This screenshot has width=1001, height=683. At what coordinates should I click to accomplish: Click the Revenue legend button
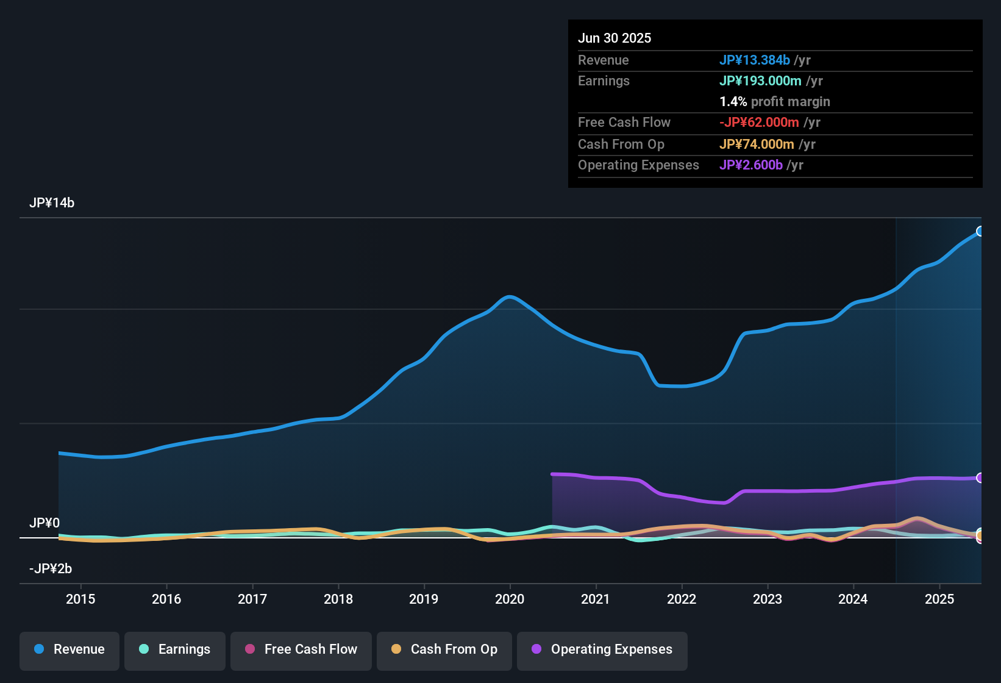pos(69,649)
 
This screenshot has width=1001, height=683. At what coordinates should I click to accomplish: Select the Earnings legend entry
pos(175,649)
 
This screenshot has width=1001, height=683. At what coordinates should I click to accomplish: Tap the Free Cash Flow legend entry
pos(301,649)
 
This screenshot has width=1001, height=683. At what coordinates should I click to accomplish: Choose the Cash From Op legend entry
pos(444,649)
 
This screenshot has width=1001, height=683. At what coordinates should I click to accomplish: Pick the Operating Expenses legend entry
pos(602,649)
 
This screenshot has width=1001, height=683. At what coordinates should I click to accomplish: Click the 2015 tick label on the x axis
pos(80,599)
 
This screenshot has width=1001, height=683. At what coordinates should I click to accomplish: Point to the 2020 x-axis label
pos(510,599)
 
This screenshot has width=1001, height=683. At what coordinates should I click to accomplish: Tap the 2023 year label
pos(768,599)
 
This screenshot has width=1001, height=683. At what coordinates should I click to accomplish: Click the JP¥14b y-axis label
pos(52,203)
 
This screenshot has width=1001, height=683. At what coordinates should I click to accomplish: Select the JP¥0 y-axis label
pos(45,523)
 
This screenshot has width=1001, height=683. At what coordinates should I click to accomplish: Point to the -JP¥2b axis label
pos(51,569)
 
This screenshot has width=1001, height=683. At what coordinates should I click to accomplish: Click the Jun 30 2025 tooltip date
pos(614,38)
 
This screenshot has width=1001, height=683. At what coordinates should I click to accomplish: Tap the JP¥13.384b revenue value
pos(755,60)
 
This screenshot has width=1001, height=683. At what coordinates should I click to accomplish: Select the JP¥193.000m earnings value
pos(760,81)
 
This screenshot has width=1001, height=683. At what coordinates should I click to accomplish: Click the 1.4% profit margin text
pos(775,102)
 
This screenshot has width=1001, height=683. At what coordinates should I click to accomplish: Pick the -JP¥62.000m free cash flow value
pos(759,123)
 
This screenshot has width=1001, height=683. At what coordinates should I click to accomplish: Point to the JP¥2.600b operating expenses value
pos(751,165)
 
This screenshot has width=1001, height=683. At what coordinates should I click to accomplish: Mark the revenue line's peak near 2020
pos(510,297)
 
